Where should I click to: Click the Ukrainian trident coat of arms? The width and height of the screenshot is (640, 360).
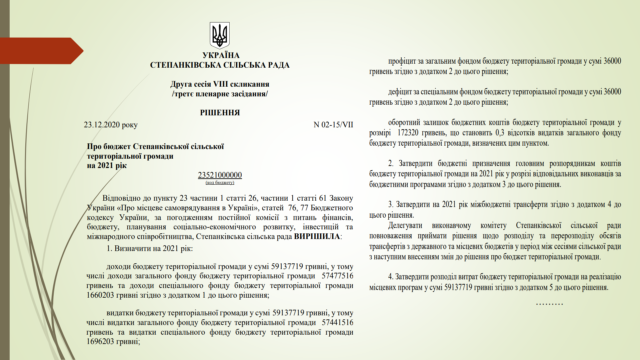tap(220, 35)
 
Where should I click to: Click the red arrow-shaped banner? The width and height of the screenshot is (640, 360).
tap(40, 51)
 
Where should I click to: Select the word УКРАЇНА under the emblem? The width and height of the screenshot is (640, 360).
tap(221, 55)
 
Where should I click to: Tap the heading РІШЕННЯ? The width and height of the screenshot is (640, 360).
tap(220, 113)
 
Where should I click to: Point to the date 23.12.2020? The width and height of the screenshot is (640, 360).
tap(102, 125)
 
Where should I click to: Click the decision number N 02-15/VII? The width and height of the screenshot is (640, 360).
tap(333, 125)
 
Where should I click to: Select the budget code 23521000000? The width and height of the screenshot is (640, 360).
tap(220, 175)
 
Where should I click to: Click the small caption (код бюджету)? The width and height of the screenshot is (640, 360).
tap(220, 182)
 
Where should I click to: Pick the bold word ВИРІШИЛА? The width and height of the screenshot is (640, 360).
tap(317, 237)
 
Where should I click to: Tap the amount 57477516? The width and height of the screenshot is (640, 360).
tap(337, 276)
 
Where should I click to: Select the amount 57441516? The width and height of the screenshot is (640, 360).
tap(337, 323)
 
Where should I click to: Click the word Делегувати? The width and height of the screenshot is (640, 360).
tap(405, 226)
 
